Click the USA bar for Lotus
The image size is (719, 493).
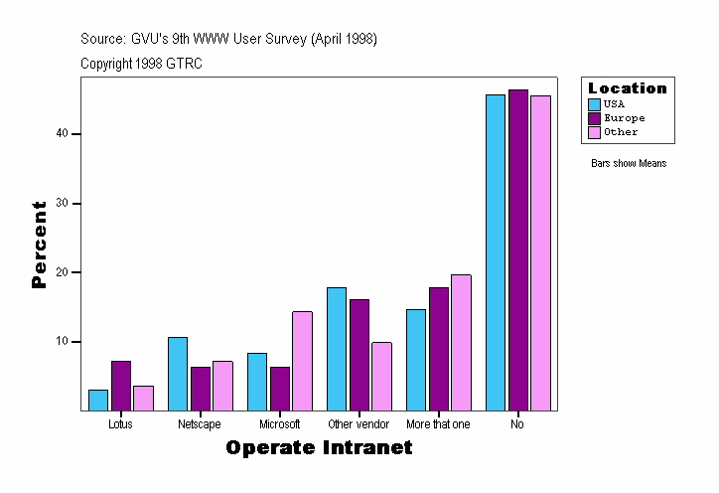click(98, 400)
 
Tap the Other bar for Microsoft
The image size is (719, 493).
click(302, 361)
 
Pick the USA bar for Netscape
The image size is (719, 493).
click(178, 374)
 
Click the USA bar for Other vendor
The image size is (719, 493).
click(337, 349)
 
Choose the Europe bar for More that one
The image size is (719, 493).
click(439, 349)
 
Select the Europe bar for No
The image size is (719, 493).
click(518, 249)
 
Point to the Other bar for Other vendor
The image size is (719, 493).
click(381, 377)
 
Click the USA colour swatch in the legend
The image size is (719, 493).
click(595, 103)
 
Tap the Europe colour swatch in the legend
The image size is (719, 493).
click(595, 117)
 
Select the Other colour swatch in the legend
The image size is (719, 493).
click(595, 131)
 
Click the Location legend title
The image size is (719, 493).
click(628, 88)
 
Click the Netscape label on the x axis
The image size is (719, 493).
click(200, 424)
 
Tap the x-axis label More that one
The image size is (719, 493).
click(438, 424)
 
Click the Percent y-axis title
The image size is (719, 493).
click(40, 245)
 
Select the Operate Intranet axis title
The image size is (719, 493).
click(319, 448)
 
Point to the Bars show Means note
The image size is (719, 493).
click(629, 163)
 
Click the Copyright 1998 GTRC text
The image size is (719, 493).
click(142, 64)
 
